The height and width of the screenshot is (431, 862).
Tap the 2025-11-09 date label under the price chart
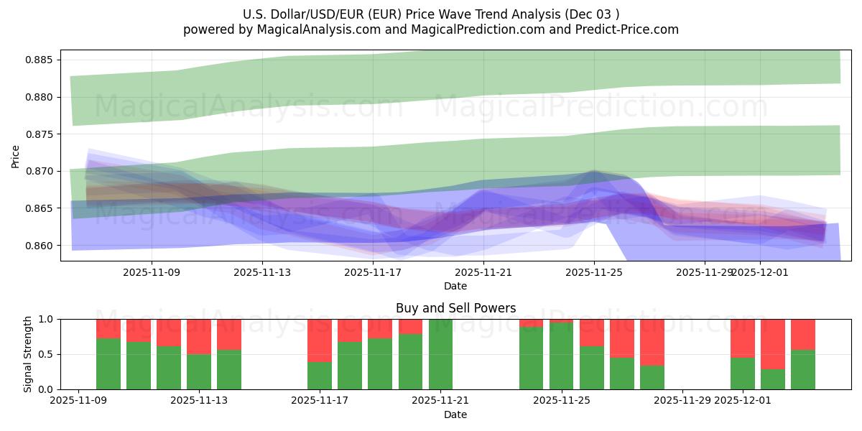pos(152,272)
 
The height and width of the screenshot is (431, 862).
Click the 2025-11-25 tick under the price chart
pos(594,272)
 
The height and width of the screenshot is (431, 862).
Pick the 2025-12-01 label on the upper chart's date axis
pos(760,272)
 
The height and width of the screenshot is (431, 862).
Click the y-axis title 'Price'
pos(16,156)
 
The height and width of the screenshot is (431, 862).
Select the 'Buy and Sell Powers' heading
pos(455,308)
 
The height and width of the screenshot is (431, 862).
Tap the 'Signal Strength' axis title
pos(28,354)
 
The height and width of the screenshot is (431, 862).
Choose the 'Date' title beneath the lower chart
pos(455,414)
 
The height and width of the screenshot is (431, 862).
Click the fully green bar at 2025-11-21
pos(440,354)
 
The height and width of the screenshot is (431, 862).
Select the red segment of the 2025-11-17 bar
pos(320,340)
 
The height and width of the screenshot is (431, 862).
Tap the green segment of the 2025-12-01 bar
pos(743,374)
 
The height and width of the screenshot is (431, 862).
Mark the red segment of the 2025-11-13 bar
pos(199,336)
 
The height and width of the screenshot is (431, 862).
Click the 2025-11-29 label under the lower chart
pos(682,401)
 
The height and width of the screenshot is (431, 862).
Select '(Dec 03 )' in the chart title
pos(593,14)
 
